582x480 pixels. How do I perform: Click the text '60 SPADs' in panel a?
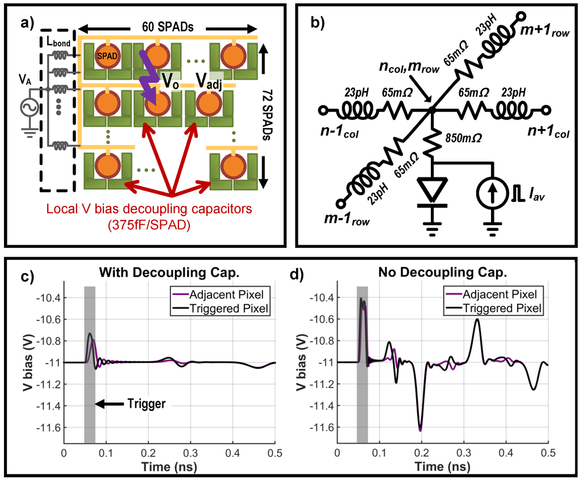click(168, 26)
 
